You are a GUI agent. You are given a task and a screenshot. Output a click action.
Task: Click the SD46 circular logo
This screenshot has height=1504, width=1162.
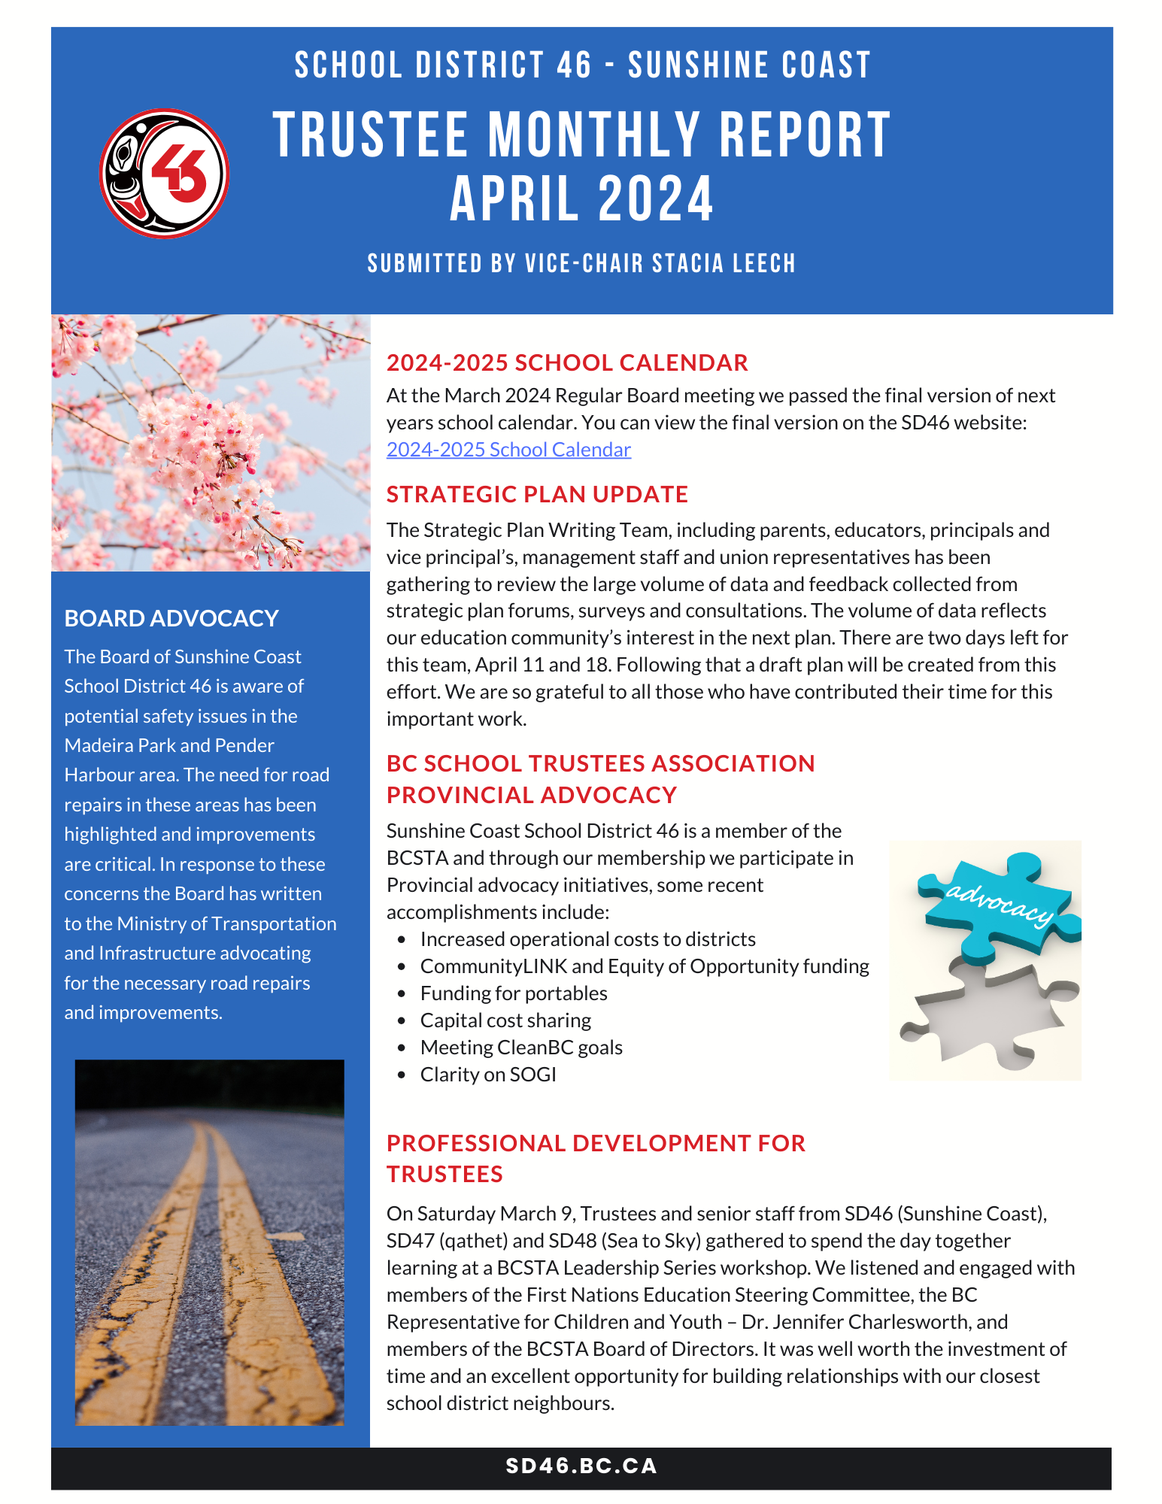coord(164,174)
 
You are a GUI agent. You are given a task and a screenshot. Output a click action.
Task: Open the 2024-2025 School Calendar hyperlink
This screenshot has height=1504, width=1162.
coord(508,450)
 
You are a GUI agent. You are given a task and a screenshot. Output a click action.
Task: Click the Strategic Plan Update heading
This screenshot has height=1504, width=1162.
coord(537,494)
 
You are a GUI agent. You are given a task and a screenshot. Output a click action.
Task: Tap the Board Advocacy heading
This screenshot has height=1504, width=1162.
coord(171,618)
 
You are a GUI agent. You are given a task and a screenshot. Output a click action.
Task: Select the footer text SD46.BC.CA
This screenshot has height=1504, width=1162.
coord(581,1466)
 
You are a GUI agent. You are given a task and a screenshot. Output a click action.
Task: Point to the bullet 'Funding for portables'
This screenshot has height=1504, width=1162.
coord(514,993)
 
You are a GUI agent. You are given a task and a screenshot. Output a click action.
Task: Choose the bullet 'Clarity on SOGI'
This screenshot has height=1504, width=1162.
coord(488,1075)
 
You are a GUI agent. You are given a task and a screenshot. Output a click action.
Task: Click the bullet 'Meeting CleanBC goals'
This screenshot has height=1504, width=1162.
coord(521,1048)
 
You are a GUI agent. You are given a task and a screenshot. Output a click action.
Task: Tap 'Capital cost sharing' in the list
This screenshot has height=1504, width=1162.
coord(505,1020)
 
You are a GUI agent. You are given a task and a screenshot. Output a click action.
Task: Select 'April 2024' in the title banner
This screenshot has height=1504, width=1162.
coord(581,199)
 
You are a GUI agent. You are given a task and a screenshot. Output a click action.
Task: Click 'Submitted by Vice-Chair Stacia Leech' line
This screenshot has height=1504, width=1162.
coord(581,264)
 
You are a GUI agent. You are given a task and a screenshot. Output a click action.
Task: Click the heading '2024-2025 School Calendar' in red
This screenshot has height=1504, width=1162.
coord(567,362)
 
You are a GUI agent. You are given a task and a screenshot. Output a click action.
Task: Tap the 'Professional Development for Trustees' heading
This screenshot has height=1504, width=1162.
coord(595,1158)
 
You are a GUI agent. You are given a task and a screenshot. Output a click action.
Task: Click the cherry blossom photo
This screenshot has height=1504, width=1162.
coord(211,442)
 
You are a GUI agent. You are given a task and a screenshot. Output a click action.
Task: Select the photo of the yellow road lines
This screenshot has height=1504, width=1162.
coord(209,1242)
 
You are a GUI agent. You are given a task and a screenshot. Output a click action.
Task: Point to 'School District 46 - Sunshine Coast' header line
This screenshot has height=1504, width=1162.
coord(581,65)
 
